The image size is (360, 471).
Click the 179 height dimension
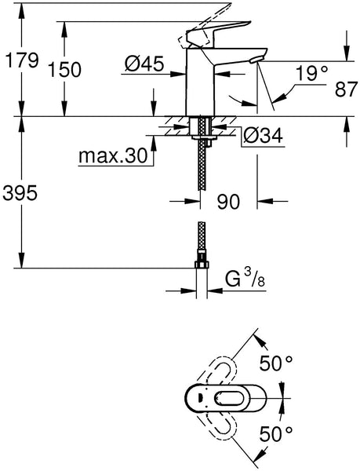coord(20,60)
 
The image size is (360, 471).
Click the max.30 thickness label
coord(113,156)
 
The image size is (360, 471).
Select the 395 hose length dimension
coord(20,191)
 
